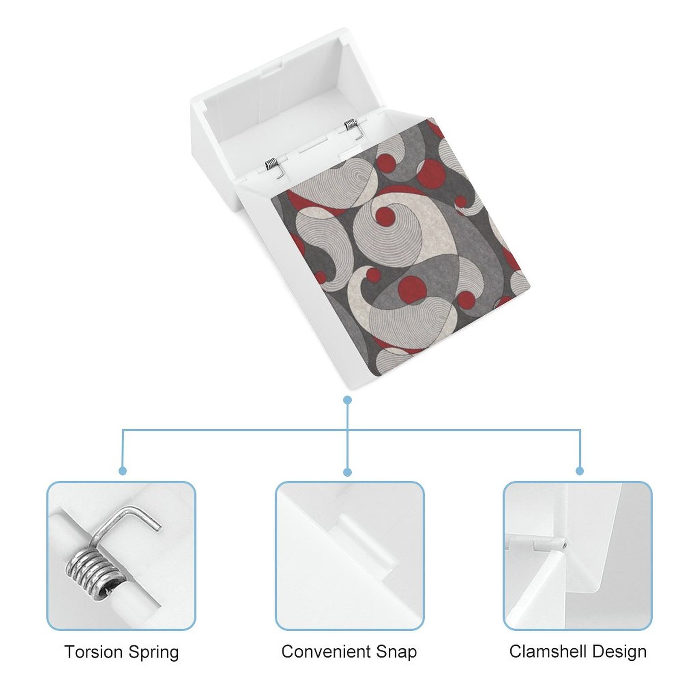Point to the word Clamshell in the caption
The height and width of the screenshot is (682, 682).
pos(547,651)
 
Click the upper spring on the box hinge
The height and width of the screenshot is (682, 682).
pos(350,124)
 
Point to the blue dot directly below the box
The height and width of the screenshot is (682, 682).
pos(347,400)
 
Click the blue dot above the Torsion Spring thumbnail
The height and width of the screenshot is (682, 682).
pos(123,471)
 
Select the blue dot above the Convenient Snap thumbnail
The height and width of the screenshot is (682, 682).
pos(347,472)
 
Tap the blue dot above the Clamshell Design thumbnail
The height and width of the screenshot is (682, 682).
pos(580,471)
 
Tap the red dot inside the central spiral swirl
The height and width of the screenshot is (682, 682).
pos(384,215)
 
